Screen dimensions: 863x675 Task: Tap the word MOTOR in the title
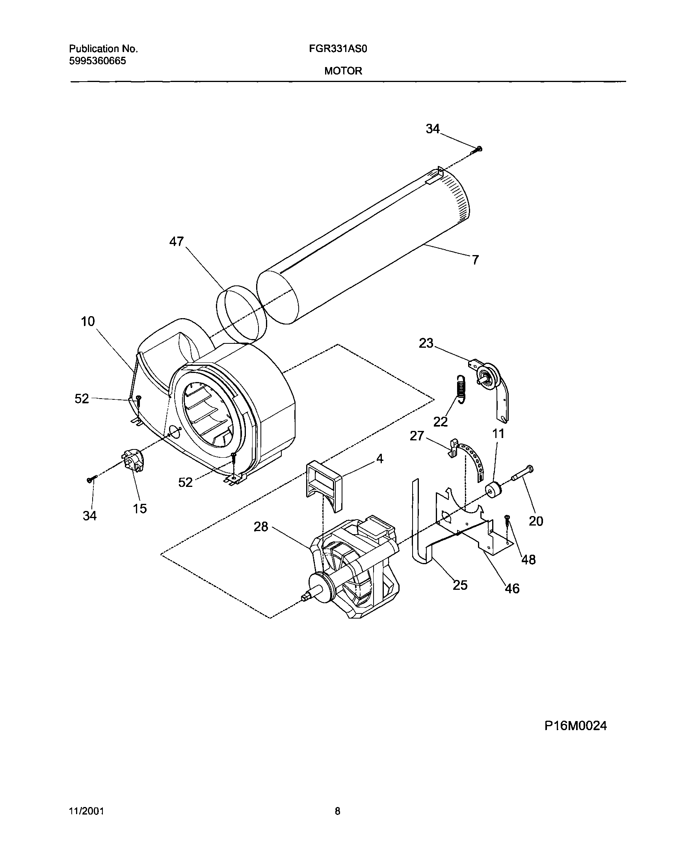(x=343, y=71)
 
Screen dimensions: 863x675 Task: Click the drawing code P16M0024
(x=575, y=726)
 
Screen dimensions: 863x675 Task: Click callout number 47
(x=177, y=242)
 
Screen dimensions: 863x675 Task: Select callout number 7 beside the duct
(x=475, y=260)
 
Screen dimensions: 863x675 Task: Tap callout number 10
(x=88, y=321)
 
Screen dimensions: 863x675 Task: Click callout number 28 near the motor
(x=261, y=527)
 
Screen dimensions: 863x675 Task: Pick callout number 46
(x=512, y=589)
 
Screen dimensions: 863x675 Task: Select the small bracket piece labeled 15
(x=133, y=460)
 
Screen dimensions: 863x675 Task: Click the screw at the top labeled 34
(x=477, y=149)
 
